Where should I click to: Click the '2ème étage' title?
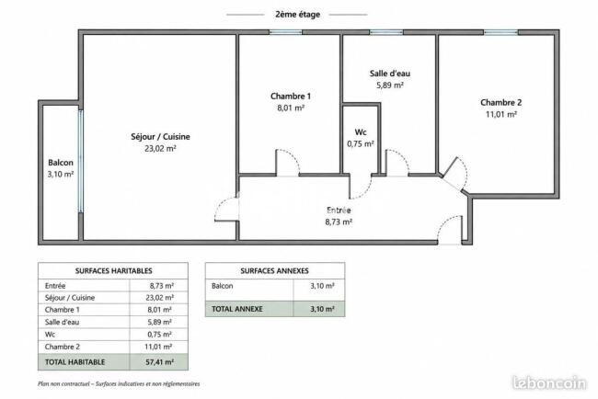click(297, 15)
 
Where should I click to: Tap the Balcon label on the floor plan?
click(61, 163)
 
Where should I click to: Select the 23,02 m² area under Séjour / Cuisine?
click(160, 148)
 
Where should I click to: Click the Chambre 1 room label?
click(291, 96)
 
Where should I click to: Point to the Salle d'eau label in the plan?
click(390, 74)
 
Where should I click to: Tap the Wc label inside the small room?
click(361, 132)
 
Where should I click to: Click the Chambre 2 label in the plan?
click(500, 102)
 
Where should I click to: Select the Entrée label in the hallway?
click(339, 210)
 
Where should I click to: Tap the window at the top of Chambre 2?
click(500, 32)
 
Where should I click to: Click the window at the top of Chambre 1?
click(285, 32)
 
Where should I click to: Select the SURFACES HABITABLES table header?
click(113, 271)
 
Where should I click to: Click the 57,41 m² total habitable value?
click(159, 362)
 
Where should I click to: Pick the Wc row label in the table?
click(50, 335)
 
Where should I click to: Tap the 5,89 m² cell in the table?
click(159, 322)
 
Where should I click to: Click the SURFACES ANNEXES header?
click(274, 271)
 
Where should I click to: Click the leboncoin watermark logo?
click(549, 383)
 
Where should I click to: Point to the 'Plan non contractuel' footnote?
click(119, 383)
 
